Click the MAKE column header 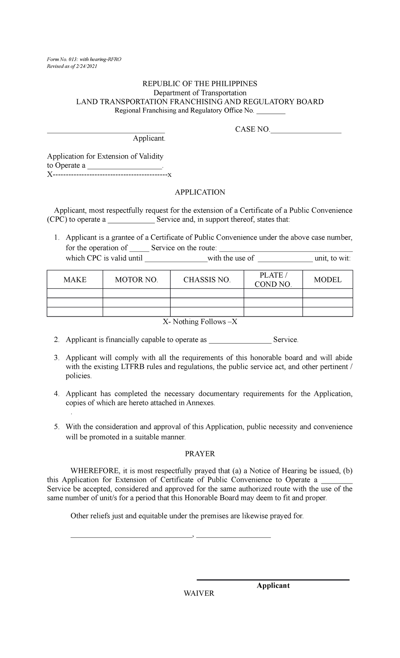[x=75, y=280]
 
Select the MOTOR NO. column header [x=136, y=280]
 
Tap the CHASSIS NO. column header [x=207, y=280]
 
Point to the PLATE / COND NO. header [x=273, y=280]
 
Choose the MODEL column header [x=328, y=280]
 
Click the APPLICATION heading [x=200, y=192]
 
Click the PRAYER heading [x=200, y=454]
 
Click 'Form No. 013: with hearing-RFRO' [x=84, y=59]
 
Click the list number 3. [x=56, y=358]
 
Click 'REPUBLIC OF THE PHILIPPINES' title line [x=200, y=84]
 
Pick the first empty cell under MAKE [x=75, y=293]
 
